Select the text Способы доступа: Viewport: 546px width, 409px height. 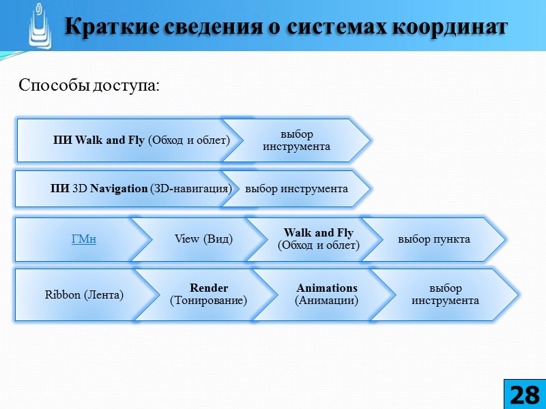coord(89,86)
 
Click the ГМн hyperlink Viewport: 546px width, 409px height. coord(83,239)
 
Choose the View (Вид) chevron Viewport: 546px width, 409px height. coord(203,239)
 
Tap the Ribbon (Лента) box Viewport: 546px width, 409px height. coord(84,295)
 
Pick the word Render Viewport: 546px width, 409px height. coord(209,288)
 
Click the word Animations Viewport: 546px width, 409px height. coord(327,288)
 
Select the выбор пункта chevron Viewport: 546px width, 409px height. coord(433,239)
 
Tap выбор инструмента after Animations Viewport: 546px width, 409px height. coord(445,294)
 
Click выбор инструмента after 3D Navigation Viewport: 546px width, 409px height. coord(296,189)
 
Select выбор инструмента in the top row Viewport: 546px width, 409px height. coord(296,140)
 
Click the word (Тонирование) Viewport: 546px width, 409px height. coord(208,301)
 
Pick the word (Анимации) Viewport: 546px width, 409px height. coord(327,301)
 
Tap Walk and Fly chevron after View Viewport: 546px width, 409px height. coord(319,239)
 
